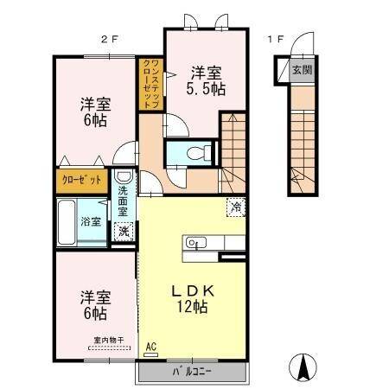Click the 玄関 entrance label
pos(300,70)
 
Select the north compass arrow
pos(304,368)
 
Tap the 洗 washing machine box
pos(124,231)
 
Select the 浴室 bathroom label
pos(91,221)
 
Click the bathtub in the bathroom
pos(67,223)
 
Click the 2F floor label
pos(107,39)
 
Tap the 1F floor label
pos(275,39)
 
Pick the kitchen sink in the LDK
pos(194,243)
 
